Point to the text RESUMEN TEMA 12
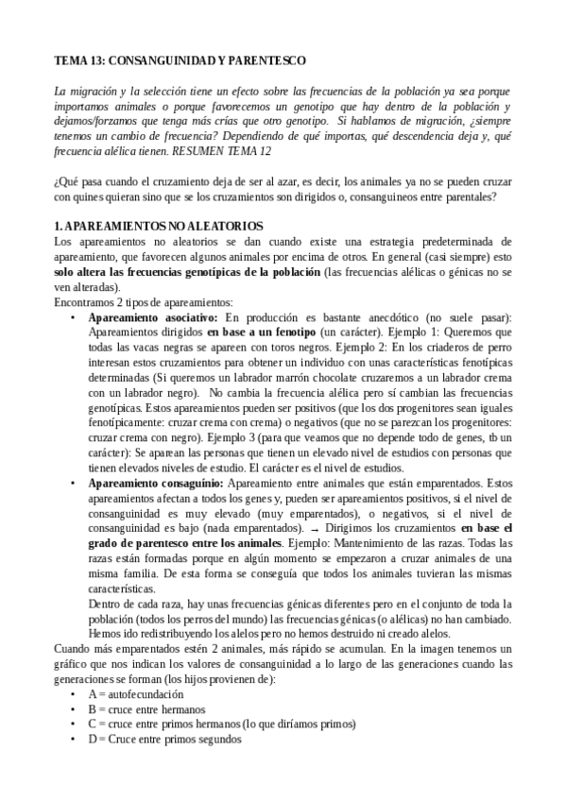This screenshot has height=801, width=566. (216, 150)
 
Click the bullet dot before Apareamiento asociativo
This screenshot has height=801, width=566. (74, 318)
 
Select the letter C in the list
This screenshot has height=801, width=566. (93, 724)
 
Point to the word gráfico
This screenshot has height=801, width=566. (73, 664)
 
